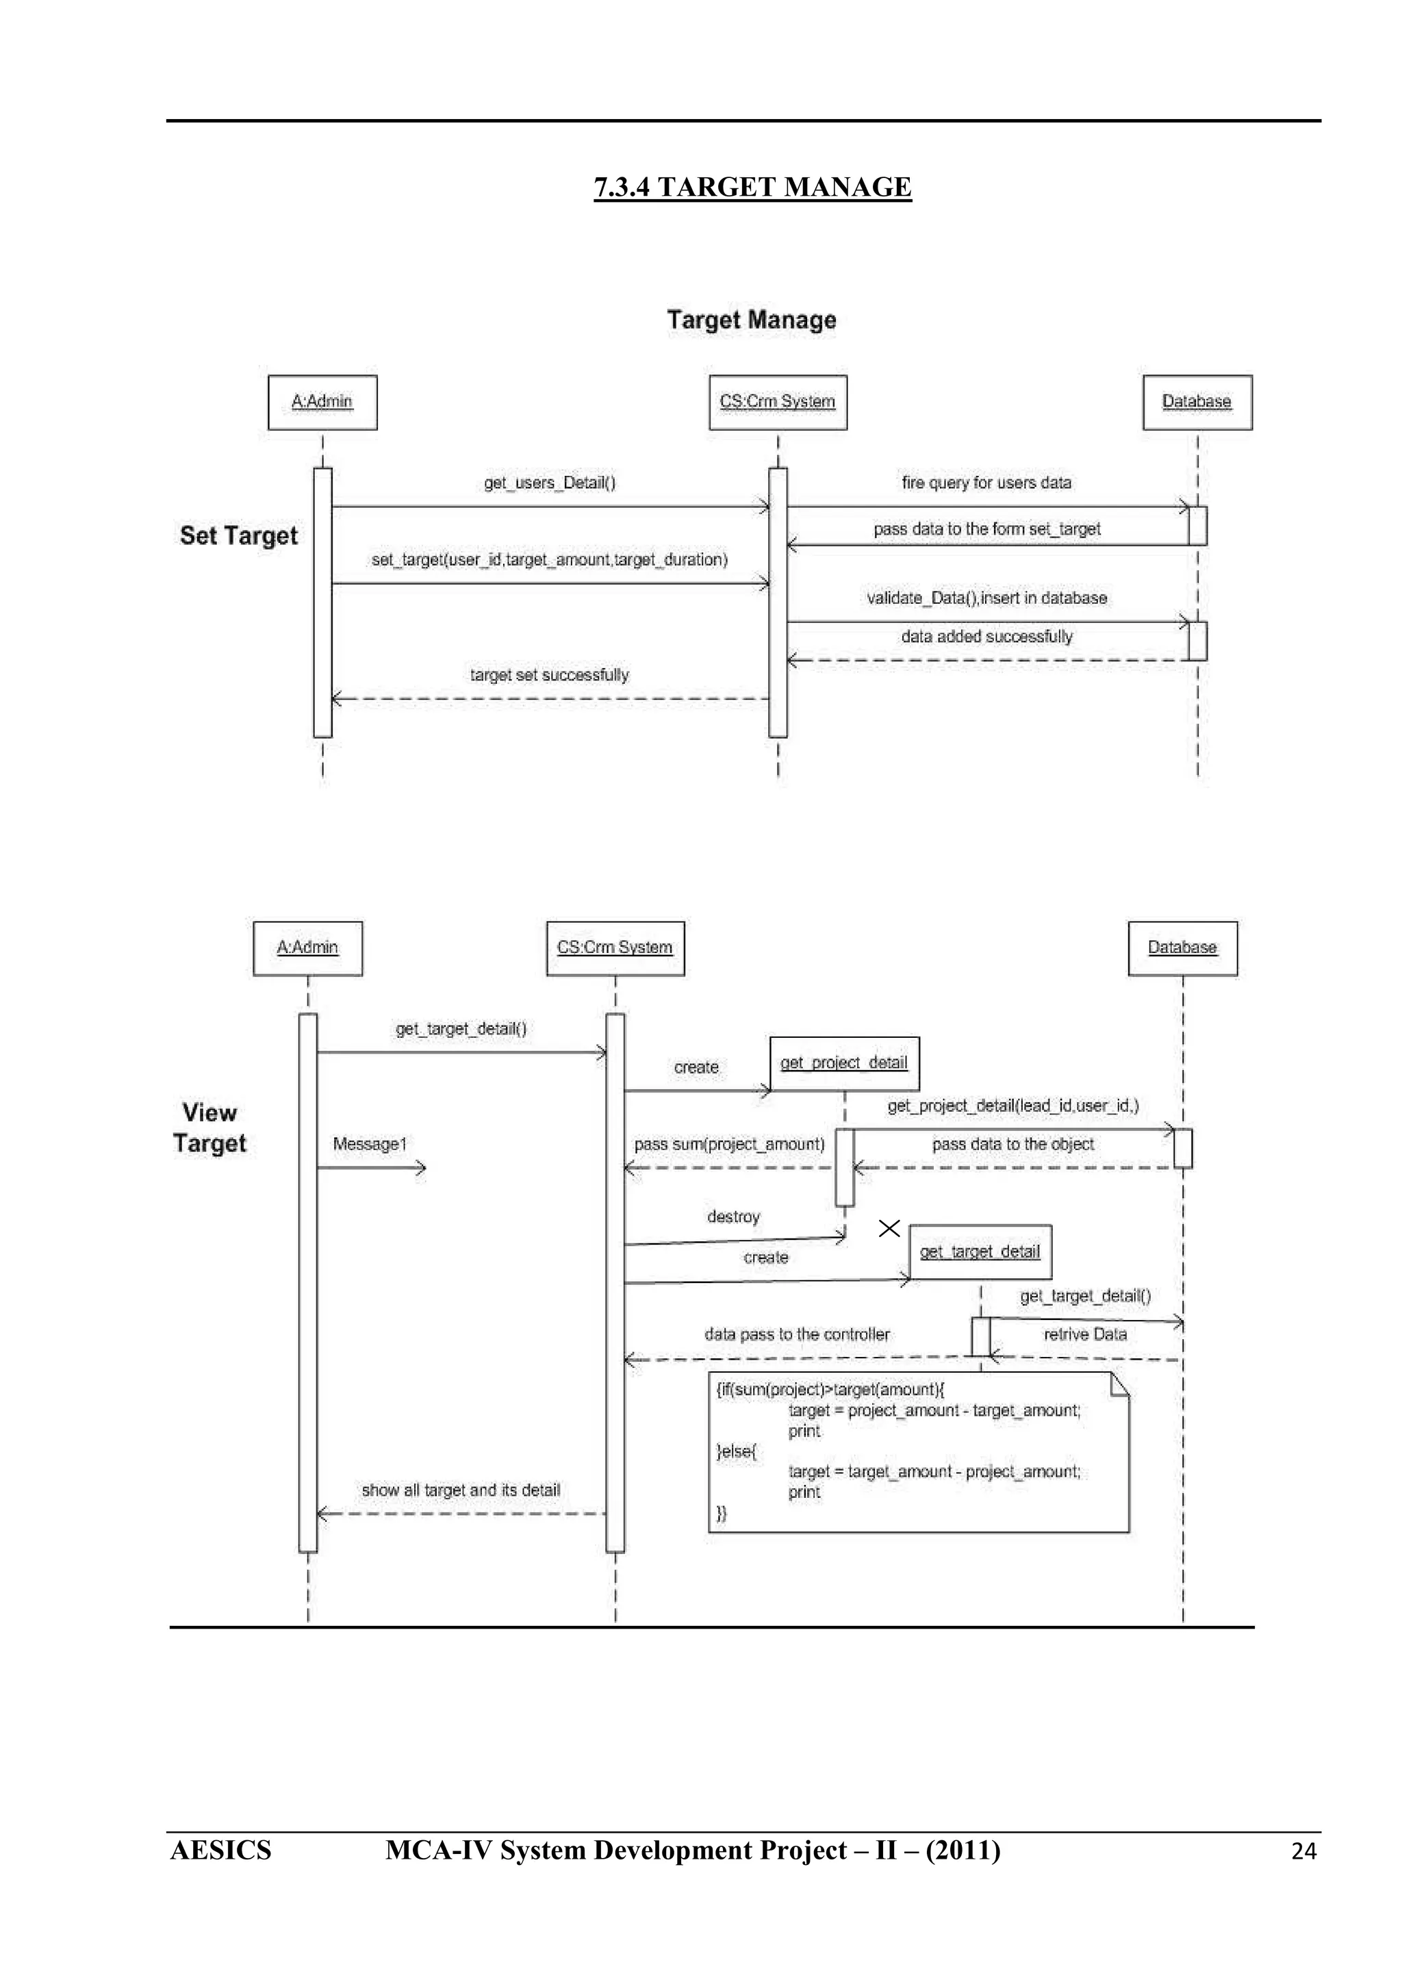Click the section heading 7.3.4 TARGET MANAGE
752,187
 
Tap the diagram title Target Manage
752,320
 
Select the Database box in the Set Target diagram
1197,402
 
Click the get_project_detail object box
844,1063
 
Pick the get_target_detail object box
980,1251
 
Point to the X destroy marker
889,1228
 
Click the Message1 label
370,1144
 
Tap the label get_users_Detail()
550,483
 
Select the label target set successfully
550,675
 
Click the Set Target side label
238,536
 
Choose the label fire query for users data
986,483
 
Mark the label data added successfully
986,637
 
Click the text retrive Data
1085,1334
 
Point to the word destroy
733,1217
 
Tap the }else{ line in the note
737,1451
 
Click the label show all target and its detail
461,1490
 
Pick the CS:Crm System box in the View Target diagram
615,948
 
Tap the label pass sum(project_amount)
729,1144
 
